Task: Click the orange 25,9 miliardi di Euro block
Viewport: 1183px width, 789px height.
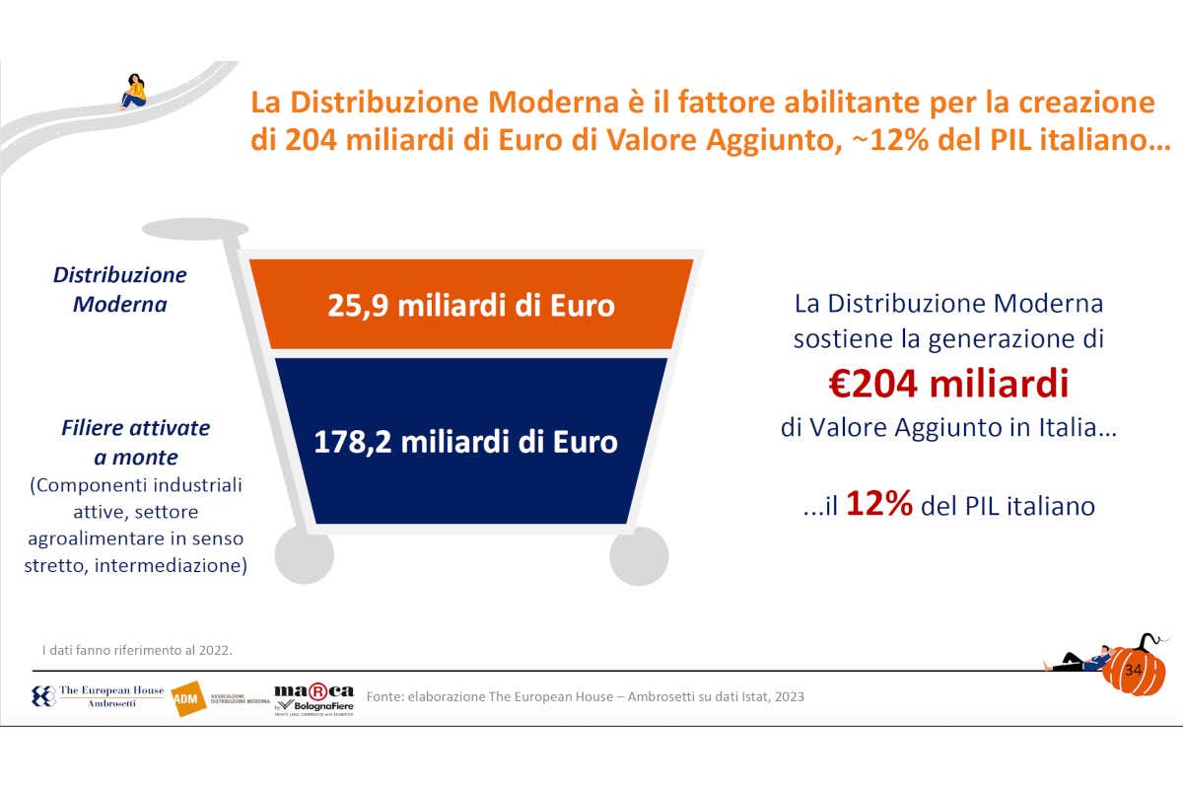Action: click(471, 305)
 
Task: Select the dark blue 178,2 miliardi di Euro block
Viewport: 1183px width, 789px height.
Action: click(466, 441)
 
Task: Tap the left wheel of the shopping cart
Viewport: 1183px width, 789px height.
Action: click(303, 555)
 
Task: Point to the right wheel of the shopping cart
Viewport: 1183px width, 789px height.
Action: click(639, 555)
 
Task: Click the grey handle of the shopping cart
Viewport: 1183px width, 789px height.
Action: click(195, 230)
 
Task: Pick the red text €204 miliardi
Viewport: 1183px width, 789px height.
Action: click(948, 383)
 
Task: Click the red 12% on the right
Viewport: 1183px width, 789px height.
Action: click(879, 505)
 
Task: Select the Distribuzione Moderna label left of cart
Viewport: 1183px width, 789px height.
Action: click(120, 290)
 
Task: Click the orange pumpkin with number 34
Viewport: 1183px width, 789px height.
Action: click(1134, 671)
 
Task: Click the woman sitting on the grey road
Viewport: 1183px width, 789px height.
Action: click(133, 91)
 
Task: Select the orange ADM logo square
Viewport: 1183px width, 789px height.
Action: click(186, 699)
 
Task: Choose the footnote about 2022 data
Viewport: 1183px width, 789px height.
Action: click(137, 650)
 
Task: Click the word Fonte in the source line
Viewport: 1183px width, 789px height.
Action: click(384, 696)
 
